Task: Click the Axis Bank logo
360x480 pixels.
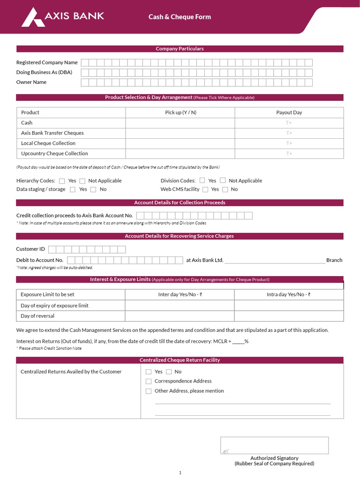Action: [63, 16]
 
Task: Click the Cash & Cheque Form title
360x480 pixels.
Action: [180, 17]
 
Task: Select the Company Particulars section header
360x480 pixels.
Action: [180, 49]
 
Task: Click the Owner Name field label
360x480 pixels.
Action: [31, 82]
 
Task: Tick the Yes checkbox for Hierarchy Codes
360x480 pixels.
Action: [62, 181]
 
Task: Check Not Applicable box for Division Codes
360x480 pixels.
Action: [223, 180]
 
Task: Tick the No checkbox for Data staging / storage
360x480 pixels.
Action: [93, 189]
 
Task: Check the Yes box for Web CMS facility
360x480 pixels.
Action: [205, 189]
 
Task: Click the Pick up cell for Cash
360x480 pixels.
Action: [180, 123]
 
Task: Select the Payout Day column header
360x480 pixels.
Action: [289, 112]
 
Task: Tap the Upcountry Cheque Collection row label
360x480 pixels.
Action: [54, 154]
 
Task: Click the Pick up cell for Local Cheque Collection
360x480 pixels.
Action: [180, 143]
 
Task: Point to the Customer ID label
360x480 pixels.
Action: [30, 249]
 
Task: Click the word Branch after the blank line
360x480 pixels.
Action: [334, 260]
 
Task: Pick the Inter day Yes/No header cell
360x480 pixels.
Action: [180, 295]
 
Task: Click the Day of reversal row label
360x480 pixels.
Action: [37, 316]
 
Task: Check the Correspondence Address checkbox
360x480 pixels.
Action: [149, 382]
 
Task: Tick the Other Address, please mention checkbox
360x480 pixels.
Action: [149, 391]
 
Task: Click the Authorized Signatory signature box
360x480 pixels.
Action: [274, 445]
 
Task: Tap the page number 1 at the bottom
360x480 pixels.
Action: [180, 473]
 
